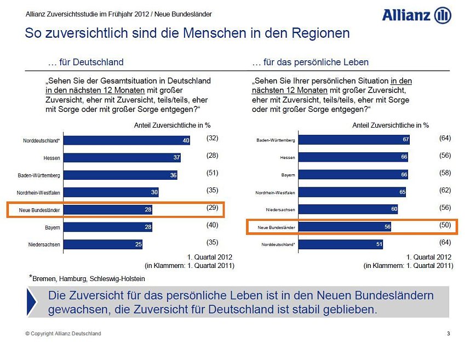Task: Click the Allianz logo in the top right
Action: pyautogui.click(x=416, y=15)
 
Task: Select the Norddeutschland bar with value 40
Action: pyautogui.click(x=127, y=141)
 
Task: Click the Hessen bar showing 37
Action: pyautogui.click(x=122, y=158)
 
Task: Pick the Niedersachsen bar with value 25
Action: pyautogui.click(x=103, y=244)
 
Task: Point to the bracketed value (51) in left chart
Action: pyautogui.click(x=213, y=173)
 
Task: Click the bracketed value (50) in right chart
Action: pyautogui.click(x=445, y=225)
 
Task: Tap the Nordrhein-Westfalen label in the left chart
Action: pyautogui.click(x=39, y=193)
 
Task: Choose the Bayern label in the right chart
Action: pyautogui.click(x=288, y=175)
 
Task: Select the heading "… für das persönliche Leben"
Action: pyautogui.click(x=310, y=62)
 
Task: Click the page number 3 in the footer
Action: pyautogui.click(x=449, y=334)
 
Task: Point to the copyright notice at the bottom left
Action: pyautogui.click(x=63, y=334)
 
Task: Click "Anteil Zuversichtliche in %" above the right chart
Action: pyautogui.click(x=390, y=125)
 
